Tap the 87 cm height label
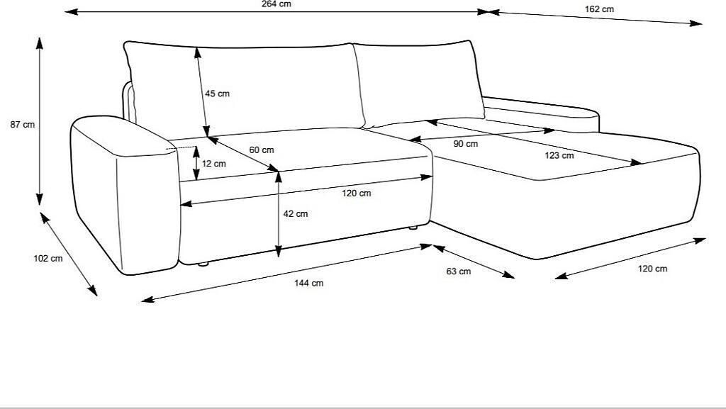point(22,125)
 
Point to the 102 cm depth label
point(48,259)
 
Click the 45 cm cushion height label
point(217,94)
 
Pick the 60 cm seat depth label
point(262,150)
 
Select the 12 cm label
point(213,164)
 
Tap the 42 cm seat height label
point(295,214)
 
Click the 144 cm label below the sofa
point(308,284)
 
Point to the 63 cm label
point(459,271)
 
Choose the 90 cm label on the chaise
point(466,144)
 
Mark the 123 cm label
point(559,155)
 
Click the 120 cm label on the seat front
point(356,194)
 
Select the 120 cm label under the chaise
point(652,269)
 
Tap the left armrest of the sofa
point(124,198)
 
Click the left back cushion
point(241,85)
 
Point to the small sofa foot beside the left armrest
point(203,264)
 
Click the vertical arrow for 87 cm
point(40,121)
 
